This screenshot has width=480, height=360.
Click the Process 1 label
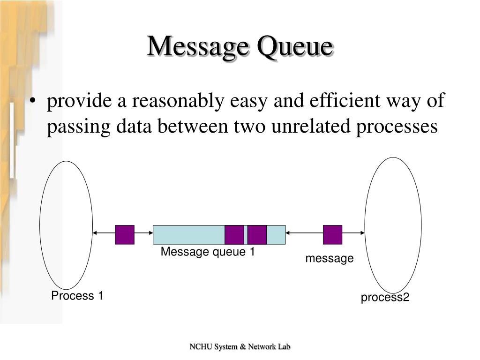click(x=77, y=296)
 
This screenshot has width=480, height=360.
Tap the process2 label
click(x=385, y=298)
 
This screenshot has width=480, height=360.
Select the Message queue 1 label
click(x=208, y=252)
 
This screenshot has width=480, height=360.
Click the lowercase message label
click(x=330, y=258)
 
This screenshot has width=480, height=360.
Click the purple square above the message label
click(x=332, y=234)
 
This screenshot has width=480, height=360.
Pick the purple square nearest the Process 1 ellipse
click(x=125, y=234)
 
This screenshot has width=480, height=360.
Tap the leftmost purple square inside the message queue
click(x=234, y=234)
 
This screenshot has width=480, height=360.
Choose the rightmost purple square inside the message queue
click(x=257, y=234)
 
